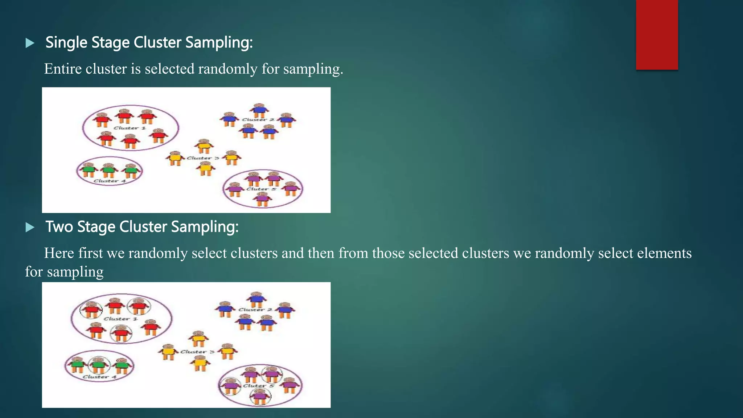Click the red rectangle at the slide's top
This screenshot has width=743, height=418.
tap(657, 34)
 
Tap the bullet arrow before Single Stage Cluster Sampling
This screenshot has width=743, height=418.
tap(30, 43)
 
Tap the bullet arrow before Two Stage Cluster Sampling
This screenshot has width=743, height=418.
tap(30, 228)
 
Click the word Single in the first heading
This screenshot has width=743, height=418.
tap(66, 43)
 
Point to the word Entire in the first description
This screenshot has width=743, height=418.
tap(63, 69)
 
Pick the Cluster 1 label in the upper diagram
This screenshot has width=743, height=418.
tap(130, 128)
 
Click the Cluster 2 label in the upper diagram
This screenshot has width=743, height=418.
tap(258, 119)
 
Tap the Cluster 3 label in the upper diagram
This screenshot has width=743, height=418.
tap(203, 158)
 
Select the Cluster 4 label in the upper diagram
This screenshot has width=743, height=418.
tap(110, 181)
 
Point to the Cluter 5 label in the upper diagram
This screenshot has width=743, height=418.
tap(261, 189)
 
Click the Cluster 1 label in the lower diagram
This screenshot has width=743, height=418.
tap(120, 319)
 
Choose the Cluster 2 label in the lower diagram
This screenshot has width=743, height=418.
tap(255, 310)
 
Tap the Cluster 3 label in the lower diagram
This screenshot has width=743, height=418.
tap(197, 352)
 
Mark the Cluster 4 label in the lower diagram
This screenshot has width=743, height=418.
tap(99, 377)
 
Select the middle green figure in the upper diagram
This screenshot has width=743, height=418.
tap(108, 170)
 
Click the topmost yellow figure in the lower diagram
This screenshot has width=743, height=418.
tap(198, 339)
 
